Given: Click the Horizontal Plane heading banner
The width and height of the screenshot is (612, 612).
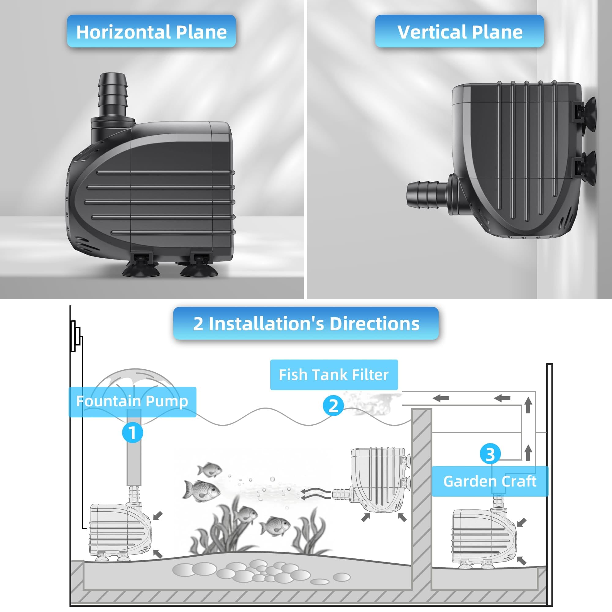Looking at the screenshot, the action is pos(151,31).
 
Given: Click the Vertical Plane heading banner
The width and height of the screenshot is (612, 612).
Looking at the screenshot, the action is pos(459,31).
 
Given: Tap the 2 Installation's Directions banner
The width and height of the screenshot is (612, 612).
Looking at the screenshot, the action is pos(306,323).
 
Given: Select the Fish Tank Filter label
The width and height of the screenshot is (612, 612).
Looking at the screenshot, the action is pos(334,375).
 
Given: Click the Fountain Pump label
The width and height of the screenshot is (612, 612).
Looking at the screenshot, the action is pos(132,402).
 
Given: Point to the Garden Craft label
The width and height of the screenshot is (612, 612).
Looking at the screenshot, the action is pos(490,481).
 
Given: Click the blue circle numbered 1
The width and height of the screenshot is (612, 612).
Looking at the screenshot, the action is pos(132,432).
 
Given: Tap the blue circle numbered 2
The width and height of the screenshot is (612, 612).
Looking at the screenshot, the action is pos(333,406).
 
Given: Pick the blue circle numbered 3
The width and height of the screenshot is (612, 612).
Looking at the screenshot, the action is pos(490,454).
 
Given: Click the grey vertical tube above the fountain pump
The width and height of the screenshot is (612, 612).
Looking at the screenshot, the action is pos(134,447).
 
